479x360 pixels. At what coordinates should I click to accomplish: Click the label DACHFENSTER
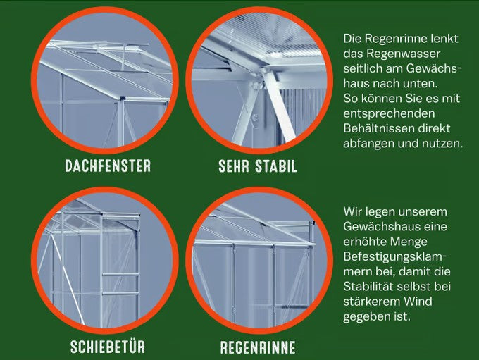[x=108, y=166]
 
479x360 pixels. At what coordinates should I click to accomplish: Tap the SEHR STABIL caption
[x=258, y=167]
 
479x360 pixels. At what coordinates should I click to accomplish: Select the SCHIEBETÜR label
[x=108, y=347]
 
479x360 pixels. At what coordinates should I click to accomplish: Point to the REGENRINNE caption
[x=258, y=347]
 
